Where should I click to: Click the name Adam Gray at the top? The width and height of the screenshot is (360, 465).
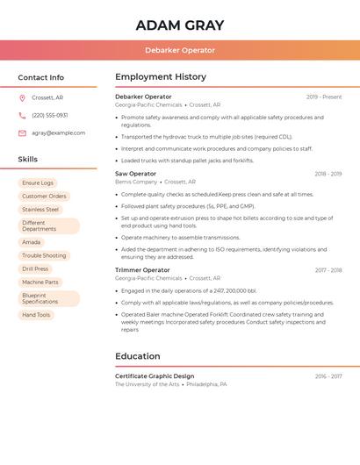[180, 25]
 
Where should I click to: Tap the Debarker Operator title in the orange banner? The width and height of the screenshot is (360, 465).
[180, 50]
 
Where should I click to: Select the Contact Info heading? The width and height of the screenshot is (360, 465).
[41, 77]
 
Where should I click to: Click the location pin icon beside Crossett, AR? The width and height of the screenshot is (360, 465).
[22, 98]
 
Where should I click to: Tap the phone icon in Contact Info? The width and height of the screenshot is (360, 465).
[22, 115]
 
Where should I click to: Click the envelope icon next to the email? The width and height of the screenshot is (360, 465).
[22, 132]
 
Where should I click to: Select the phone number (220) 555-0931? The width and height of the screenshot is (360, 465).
[50, 115]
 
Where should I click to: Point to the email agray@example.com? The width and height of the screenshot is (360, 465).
[59, 132]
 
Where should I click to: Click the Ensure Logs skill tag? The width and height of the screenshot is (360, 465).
[38, 182]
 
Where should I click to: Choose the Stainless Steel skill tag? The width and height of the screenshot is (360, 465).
[40, 210]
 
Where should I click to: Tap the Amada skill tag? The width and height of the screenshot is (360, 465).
[32, 242]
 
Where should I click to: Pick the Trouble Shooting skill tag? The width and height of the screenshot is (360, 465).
[44, 255]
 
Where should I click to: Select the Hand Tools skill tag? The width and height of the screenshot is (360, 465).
[37, 315]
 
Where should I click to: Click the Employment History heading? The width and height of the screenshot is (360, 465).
[161, 77]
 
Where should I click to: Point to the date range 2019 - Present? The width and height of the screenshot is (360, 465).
[324, 97]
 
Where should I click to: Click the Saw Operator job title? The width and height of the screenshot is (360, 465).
[135, 174]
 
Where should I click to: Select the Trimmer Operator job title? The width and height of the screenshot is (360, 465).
[142, 270]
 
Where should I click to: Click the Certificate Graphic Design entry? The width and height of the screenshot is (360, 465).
[155, 376]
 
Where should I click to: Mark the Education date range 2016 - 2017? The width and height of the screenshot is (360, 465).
[328, 376]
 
